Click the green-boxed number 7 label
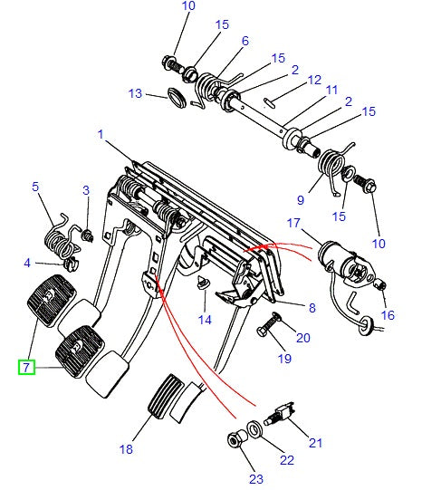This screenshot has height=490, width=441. (26, 367)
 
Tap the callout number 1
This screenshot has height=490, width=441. (100, 135)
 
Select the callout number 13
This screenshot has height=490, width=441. (135, 93)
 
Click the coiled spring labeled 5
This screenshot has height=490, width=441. (58, 237)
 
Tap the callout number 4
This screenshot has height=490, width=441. (27, 264)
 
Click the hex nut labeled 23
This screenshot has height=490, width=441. (234, 441)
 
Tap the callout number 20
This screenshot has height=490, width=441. (302, 338)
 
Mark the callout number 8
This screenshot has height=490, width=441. (312, 308)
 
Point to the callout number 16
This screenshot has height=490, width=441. (388, 315)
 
